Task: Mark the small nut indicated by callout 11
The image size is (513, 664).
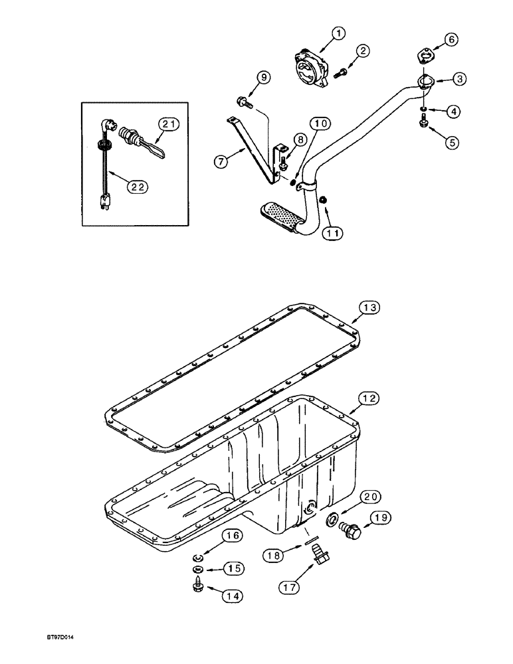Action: coord(322,200)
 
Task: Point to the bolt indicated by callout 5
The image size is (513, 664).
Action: coord(423,122)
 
